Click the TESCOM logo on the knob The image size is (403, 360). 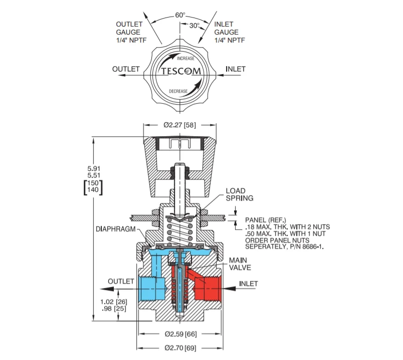point(181,71)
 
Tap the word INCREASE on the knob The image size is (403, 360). point(185,59)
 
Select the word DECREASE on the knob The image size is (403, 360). point(178,91)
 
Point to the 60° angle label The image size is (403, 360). point(180,15)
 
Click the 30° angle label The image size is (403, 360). point(194,26)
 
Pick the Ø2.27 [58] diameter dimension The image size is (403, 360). point(179,125)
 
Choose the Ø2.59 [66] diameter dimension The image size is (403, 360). point(180,334)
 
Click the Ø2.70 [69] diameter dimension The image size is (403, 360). point(180,348)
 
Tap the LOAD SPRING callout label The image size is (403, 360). point(240,194)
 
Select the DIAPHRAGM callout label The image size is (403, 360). point(115,229)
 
